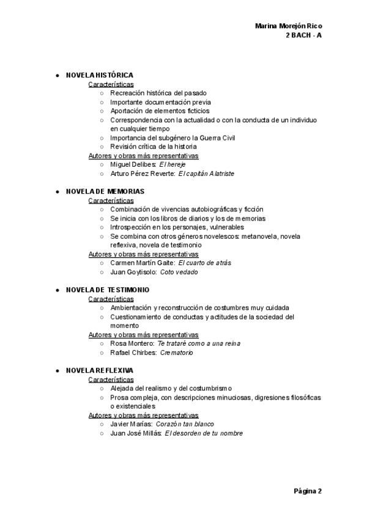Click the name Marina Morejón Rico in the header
288,26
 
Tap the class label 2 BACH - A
304,35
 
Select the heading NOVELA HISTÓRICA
99,75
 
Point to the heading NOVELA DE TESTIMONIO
107,290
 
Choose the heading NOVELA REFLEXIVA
99,370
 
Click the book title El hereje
172,165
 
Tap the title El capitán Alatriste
206,173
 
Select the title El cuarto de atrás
204,263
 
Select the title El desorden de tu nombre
204,433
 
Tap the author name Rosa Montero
132,343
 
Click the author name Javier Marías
131,424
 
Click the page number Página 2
308,491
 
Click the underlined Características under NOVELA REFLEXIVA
111,379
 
